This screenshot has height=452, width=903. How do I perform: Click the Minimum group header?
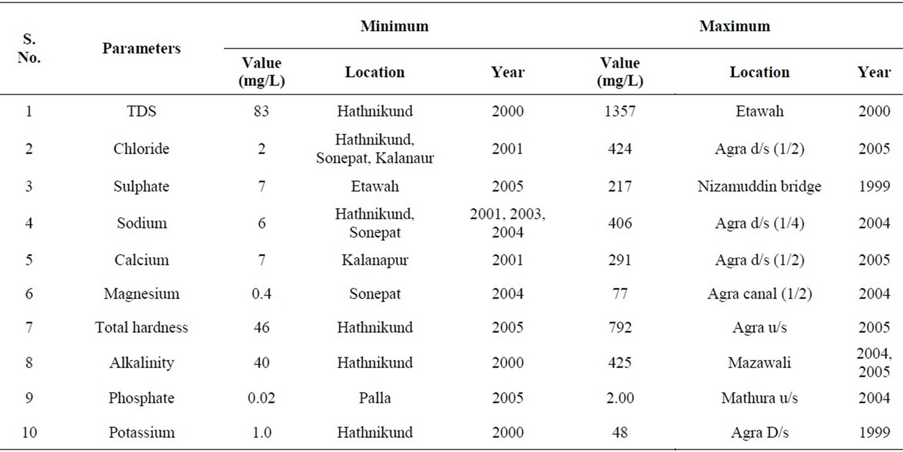394,26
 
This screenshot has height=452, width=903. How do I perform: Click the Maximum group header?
734,26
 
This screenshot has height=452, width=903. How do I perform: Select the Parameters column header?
142,48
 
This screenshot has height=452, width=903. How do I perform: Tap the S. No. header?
29,48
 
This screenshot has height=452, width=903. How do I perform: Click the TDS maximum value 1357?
619,111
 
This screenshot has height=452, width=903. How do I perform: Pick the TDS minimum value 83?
261,111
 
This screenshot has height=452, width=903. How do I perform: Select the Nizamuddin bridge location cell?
759,186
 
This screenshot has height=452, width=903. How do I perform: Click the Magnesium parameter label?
142,294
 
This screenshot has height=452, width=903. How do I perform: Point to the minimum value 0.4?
261,294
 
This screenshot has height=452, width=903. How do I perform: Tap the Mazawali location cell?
759,363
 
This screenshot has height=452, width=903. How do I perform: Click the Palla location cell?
375,398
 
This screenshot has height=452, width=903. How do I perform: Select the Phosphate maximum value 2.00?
619,398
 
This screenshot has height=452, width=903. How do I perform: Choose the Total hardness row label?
142,328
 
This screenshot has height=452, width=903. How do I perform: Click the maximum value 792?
619,328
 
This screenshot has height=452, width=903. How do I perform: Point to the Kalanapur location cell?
375,260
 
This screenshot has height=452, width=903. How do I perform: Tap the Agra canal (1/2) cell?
759,294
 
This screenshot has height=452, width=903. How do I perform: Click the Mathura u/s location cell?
759,398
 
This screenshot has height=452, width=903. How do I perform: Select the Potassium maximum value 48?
619,433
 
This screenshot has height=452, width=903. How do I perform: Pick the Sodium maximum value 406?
619,223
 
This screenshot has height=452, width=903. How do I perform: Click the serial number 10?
29,433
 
